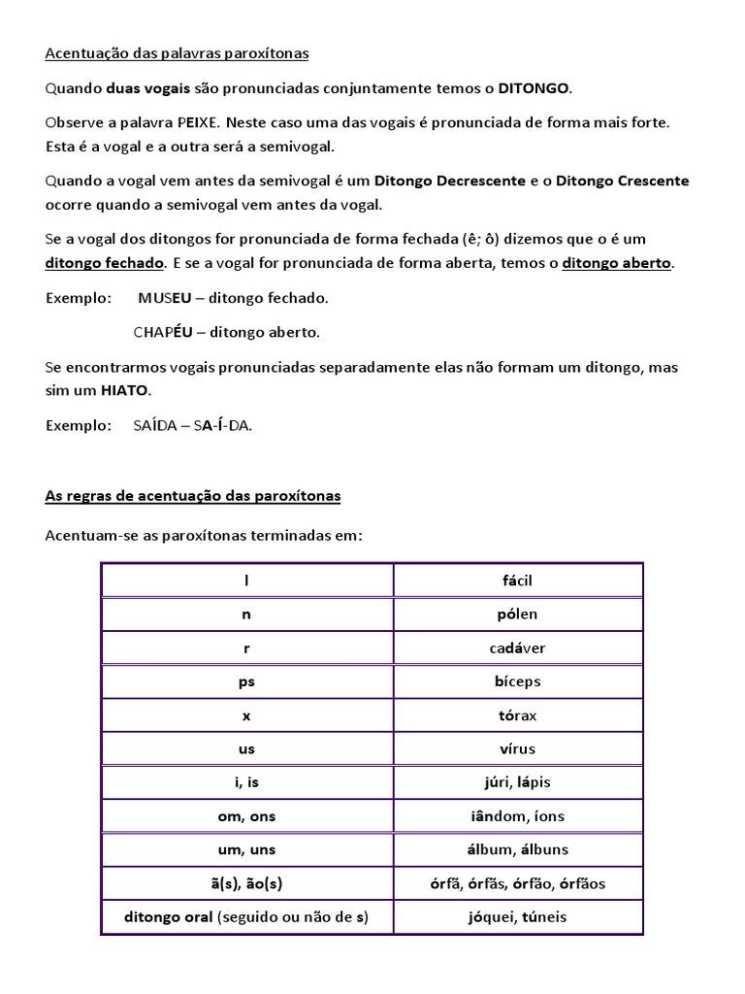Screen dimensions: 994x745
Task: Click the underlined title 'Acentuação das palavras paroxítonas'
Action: [x=177, y=54]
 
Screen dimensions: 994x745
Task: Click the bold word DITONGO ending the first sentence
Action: [x=534, y=89]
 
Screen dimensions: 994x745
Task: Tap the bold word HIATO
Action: [x=125, y=391]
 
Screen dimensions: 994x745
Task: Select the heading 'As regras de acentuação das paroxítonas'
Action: [x=193, y=496]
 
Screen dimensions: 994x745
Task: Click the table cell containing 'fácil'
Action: [x=518, y=580]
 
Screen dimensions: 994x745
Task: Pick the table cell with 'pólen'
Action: [x=518, y=614]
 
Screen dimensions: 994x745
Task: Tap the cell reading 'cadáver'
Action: [x=518, y=647]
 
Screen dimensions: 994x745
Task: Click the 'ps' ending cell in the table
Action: [x=246, y=681]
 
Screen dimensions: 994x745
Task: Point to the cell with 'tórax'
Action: [x=518, y=715]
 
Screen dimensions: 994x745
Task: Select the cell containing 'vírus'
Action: [x=518, y=748]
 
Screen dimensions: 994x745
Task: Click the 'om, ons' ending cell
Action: [x=246, y=816]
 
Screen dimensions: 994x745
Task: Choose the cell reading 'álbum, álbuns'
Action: [x=518, y=849]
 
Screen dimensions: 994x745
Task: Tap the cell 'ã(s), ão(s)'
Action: [x=246, y=883]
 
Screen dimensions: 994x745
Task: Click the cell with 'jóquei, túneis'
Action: [x=518, y=917]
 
